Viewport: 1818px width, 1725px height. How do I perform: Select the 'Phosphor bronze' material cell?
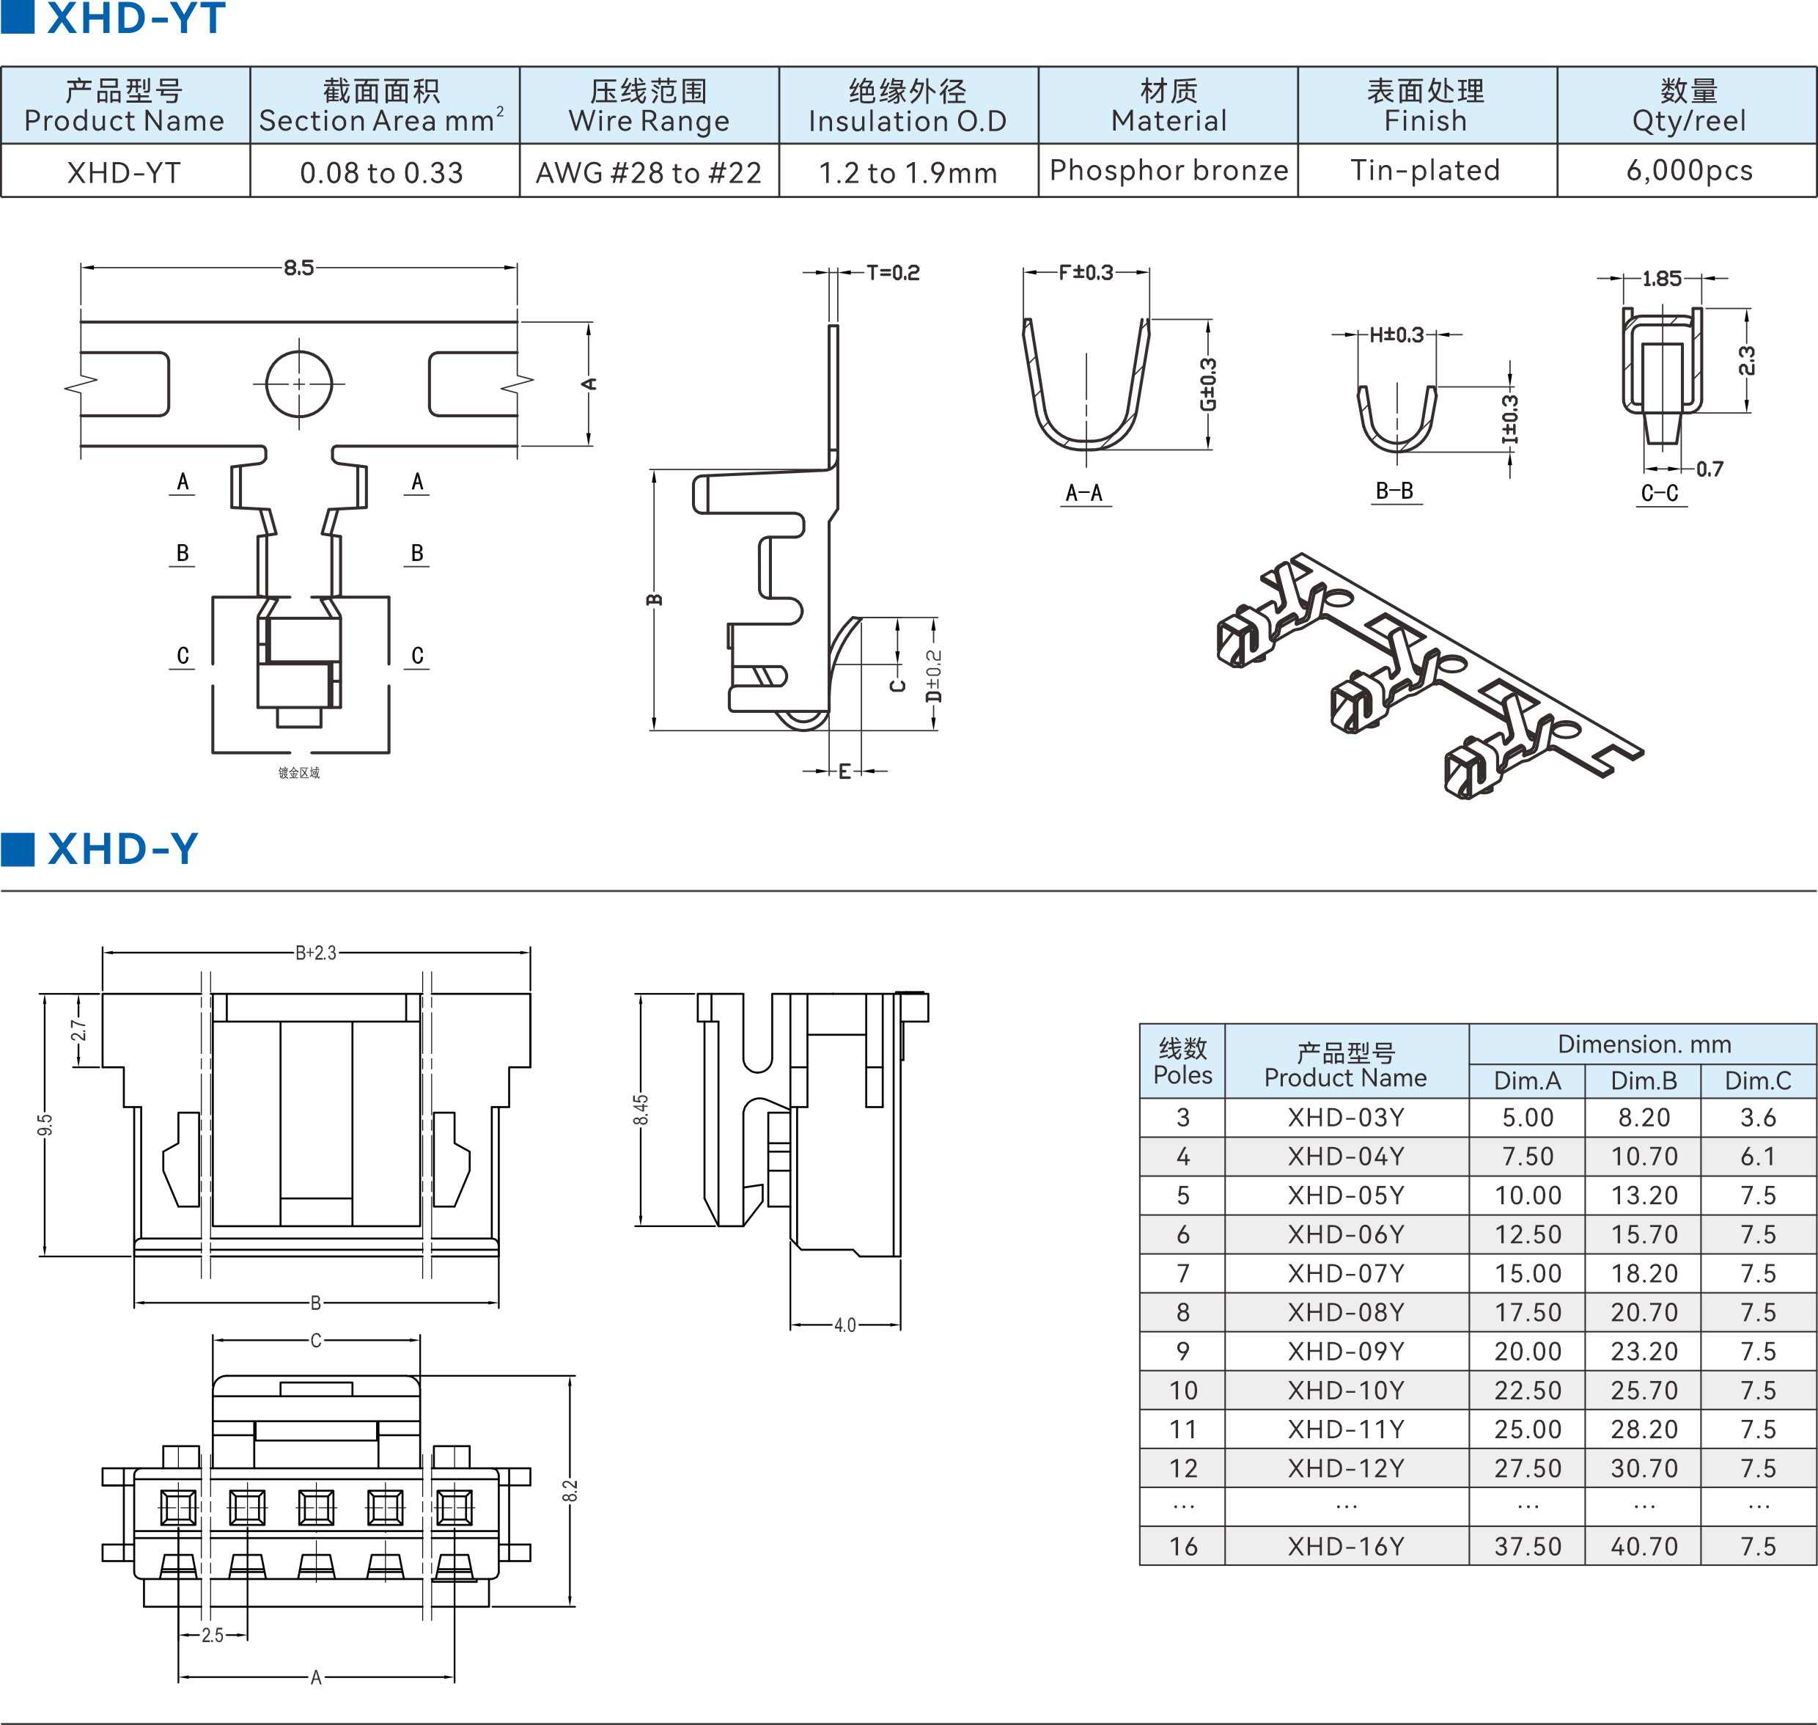pos(1169,170)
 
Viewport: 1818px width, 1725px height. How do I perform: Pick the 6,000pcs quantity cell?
pos(1688,170)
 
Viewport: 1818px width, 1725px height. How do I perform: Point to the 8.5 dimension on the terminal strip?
pos(298,268)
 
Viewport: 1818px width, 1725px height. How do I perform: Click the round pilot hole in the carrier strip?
pos(298,384)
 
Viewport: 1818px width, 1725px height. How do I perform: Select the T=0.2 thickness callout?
pos(892,272)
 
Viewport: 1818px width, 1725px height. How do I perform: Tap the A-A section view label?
pos(1083,493)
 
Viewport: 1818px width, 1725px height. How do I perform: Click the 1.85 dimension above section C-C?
pos(1662,279)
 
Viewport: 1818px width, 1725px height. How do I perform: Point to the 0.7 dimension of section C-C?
pos(1709,469)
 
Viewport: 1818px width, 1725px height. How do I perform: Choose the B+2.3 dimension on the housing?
pos(315,953)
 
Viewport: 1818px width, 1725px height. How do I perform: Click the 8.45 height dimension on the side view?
pos(641,1109)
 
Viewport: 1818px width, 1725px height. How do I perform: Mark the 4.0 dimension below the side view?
pos(844,1325)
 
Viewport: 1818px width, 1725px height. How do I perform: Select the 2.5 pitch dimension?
pos(213,1635)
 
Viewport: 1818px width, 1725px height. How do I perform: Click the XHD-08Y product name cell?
pos(1346,1312)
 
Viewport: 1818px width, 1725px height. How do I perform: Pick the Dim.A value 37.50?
pos(1528,1547)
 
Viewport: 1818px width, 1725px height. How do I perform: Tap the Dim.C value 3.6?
pos(1757,1117)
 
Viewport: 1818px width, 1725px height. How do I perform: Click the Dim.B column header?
pos(1644,1080)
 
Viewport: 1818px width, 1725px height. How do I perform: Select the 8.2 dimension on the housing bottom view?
pos(570,1490)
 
